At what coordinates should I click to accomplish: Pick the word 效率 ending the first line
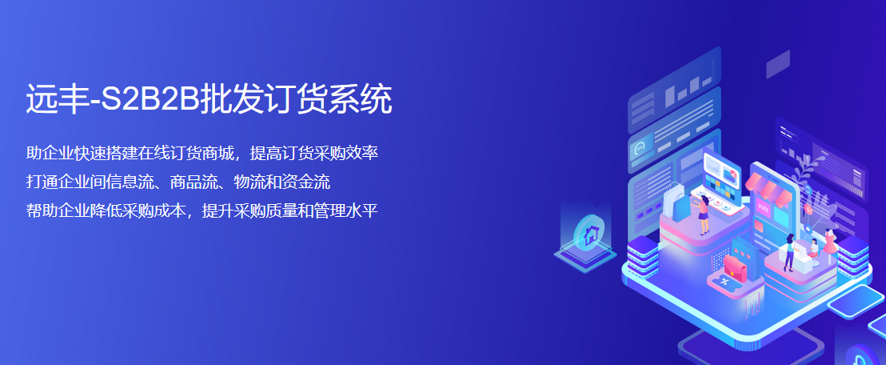[363, 153]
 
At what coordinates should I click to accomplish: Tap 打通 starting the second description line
[41, 182]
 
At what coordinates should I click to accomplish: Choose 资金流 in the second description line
[308, 182]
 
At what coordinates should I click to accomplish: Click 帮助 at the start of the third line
[41, 211]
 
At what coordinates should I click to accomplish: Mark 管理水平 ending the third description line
[347, 211]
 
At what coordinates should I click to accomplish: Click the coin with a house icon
[589, 233]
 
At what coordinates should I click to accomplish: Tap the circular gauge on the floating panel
[640, 148]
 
